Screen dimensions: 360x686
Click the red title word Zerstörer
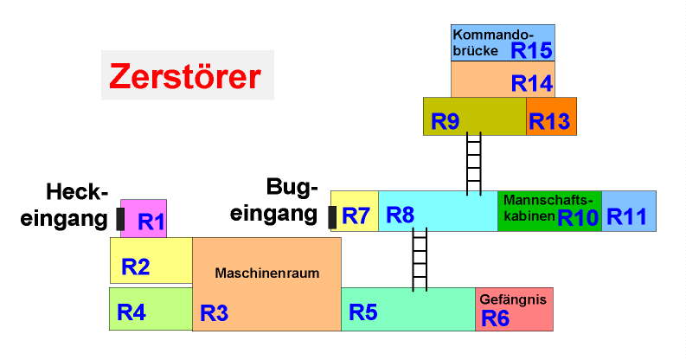(x=184, y=77)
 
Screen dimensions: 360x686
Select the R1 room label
(x=151, y=222)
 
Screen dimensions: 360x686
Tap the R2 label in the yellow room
(x=136, y=267)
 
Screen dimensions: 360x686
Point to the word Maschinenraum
(x=267, y=273)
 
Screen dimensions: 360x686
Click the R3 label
(x=214, y=313)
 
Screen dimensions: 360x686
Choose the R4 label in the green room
(x=131, y=313)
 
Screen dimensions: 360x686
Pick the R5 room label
(x=363, y=313)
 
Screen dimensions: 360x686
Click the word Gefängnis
(x=514, y=299)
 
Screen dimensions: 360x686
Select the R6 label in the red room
(x=495, y=318)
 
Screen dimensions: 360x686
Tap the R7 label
(x=356, y=215)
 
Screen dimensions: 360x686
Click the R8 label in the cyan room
(x=400, y=215)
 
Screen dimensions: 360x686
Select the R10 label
(x=578, y=217)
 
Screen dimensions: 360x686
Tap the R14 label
(x=531, y=83)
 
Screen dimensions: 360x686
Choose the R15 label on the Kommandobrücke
(x=530, y=50)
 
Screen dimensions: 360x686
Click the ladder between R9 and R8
(x=473, y=163)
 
